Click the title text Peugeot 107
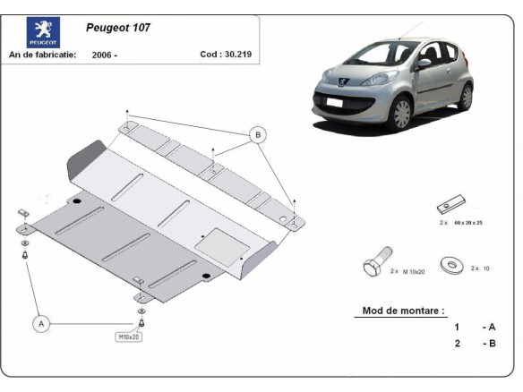[118, 28]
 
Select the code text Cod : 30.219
[224, 54]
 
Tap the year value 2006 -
[104, 55]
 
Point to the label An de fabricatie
[42, 55]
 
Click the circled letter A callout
[41, 323]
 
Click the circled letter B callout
[258, 135]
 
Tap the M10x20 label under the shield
[129, 337]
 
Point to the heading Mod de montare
[402, 311]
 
